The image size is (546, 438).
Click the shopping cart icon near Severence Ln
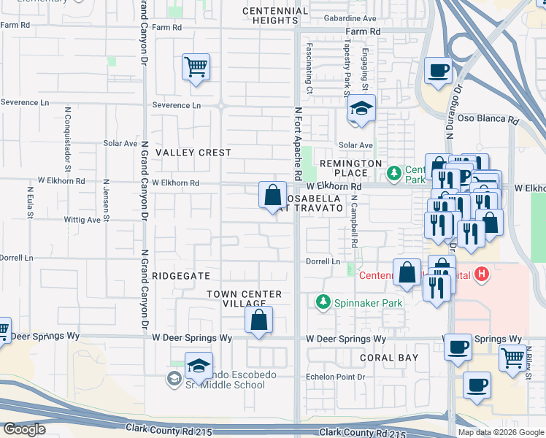(196, 68)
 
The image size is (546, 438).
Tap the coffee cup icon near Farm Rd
(438, 71)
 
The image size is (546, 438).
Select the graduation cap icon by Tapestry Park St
(361, 109)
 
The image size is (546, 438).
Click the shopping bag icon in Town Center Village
(258, 320)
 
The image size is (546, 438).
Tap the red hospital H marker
(481, 274)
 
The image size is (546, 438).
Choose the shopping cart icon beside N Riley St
(513, 358)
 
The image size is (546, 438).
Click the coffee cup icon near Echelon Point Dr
(477, 384)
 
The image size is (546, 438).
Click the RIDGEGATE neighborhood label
(182, 276)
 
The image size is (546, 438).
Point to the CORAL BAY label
(389, 358)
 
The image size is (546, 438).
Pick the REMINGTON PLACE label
(350, 168)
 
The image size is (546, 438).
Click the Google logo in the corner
(24, 429)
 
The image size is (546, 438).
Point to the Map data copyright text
(500, 432)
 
